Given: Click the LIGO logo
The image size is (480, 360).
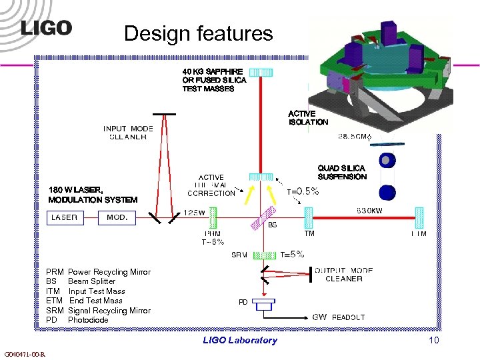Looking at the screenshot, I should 46,28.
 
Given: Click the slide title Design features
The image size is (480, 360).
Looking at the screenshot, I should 199,33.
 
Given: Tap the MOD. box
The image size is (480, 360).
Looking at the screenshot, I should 117,217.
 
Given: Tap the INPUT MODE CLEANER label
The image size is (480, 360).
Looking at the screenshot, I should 128,133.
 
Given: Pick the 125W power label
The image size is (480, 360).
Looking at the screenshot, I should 194,211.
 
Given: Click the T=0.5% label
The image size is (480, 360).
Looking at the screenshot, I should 303,191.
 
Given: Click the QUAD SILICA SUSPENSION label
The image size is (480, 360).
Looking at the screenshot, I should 342,173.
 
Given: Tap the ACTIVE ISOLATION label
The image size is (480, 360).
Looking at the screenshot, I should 308,118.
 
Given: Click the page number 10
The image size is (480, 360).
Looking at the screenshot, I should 434,341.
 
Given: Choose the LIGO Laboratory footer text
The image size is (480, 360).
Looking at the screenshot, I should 239,341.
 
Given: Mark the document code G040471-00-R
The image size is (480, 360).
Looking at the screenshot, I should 24,354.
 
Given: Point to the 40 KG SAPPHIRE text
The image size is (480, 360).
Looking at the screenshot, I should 213,71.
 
